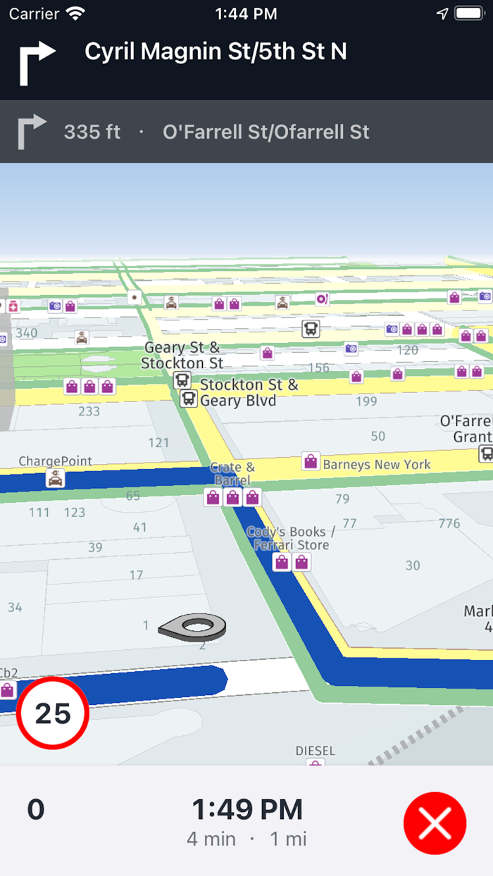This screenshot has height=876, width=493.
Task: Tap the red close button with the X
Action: click(435, 822)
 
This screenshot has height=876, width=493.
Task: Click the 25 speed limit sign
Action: click(53, 713)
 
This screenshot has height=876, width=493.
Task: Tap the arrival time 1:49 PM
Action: click(247, 810)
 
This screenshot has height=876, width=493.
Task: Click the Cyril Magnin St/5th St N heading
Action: click(216, 51)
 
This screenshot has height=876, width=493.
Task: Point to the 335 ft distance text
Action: click(92, 132)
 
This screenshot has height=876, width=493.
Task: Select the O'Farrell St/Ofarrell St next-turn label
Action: click(266, 132)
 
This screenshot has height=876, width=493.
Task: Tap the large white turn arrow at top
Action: click(36, 62)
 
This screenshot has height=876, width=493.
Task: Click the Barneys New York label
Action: click(376, 464)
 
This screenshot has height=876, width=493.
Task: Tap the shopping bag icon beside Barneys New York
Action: click(310, 461)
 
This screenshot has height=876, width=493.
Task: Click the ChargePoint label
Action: click(55, 461)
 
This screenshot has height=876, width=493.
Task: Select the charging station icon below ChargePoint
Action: click(55, 479)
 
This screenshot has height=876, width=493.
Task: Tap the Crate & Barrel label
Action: click(232, 473)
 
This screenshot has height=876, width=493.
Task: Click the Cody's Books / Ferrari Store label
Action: click(291, 538)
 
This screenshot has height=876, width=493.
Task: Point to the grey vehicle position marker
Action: click(192, 625)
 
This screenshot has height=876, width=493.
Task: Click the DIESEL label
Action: click(315, 751)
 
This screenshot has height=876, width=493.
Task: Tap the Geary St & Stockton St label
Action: click(182, 356)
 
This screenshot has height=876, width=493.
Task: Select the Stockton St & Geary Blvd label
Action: click(249, 393)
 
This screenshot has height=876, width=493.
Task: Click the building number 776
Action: click(449, 523)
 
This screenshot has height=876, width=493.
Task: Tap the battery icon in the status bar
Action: click(468, 13)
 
